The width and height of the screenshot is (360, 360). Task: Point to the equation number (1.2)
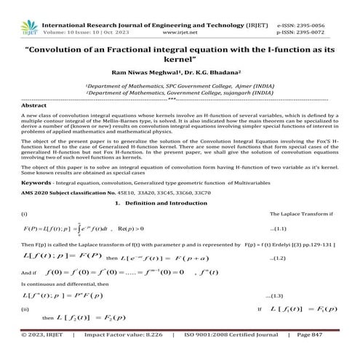pyautogui.click(x=277, y=258)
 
